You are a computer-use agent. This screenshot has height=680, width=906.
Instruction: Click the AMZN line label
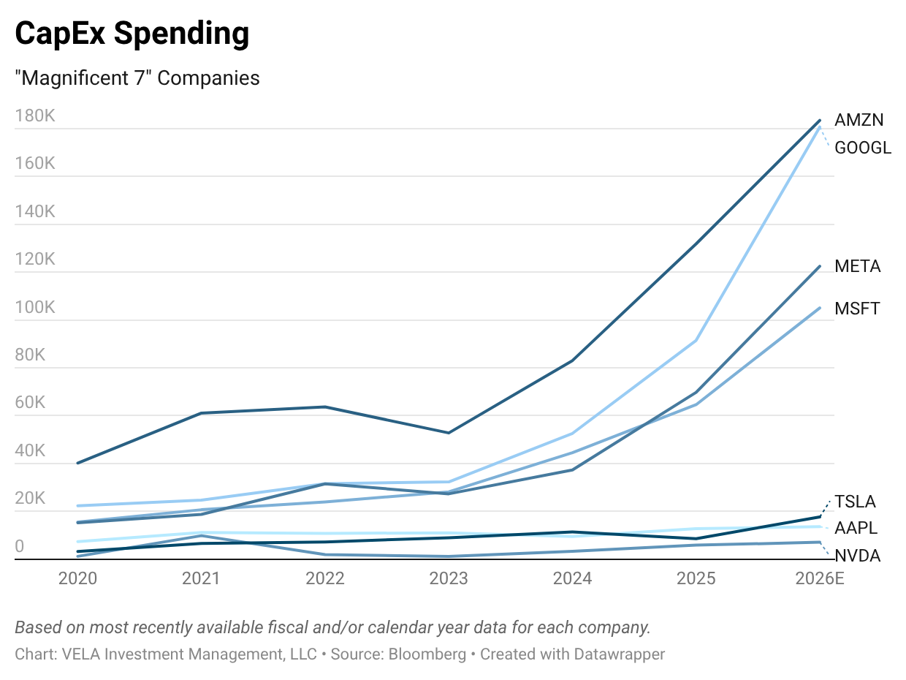click(859, 120)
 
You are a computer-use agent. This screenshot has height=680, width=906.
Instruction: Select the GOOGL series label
click(863, 148)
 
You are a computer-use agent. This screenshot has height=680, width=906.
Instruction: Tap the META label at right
click(858, 266)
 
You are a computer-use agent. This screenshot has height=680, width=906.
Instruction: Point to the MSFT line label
click(857, 309)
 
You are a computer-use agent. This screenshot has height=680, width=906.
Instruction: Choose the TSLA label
click(855, 502)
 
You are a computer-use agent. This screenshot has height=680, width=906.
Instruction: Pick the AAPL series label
click(856, 528)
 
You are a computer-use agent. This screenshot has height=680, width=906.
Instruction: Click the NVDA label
click(857, 556)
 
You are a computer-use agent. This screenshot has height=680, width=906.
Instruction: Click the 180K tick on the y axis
click(35, 116)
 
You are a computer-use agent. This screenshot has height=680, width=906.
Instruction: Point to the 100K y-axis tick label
click(35, 307)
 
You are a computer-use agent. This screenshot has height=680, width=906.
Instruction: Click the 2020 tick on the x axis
click(77, 578)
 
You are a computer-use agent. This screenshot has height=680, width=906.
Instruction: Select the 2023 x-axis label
click(448, 578)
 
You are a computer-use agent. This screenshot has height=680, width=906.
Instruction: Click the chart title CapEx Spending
click(132, 34)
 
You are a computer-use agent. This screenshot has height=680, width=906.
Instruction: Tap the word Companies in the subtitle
click(208, 78)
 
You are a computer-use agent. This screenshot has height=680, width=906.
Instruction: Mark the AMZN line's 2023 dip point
click(448, 433)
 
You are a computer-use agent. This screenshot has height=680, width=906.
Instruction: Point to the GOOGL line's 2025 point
click(696, 341)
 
